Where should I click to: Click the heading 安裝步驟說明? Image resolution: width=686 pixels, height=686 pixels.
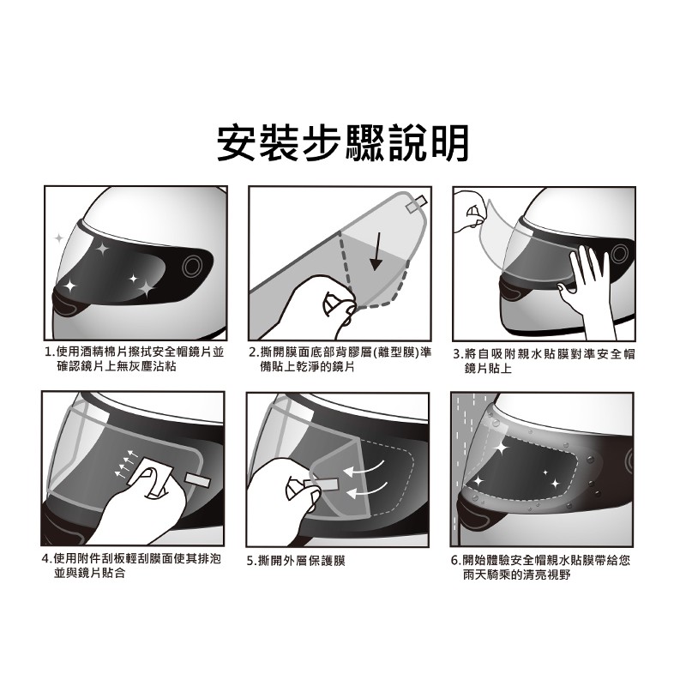(x=343, y=143)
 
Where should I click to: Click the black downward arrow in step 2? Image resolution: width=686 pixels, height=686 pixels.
(x=376, y=251)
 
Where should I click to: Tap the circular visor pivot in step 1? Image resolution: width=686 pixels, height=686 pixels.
(x=192, y=266)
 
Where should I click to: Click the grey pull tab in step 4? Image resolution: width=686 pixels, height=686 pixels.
(x=198, y=479)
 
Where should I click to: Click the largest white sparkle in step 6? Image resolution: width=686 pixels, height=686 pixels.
(x=501, y=448)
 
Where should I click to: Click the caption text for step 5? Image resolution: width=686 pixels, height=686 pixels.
(x=296, y=561)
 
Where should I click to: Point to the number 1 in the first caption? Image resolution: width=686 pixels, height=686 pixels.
(x=49, y=352)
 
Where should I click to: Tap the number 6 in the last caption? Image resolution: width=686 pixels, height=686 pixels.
(x=454, y=561)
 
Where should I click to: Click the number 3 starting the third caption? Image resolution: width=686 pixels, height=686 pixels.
(x=457, y=354)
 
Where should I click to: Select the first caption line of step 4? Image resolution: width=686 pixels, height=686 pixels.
(x=132, y=559)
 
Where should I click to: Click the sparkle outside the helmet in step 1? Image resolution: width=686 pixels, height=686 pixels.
(x=58, y=238)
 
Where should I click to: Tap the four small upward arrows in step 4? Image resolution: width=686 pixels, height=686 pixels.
(x=125, y=461)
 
